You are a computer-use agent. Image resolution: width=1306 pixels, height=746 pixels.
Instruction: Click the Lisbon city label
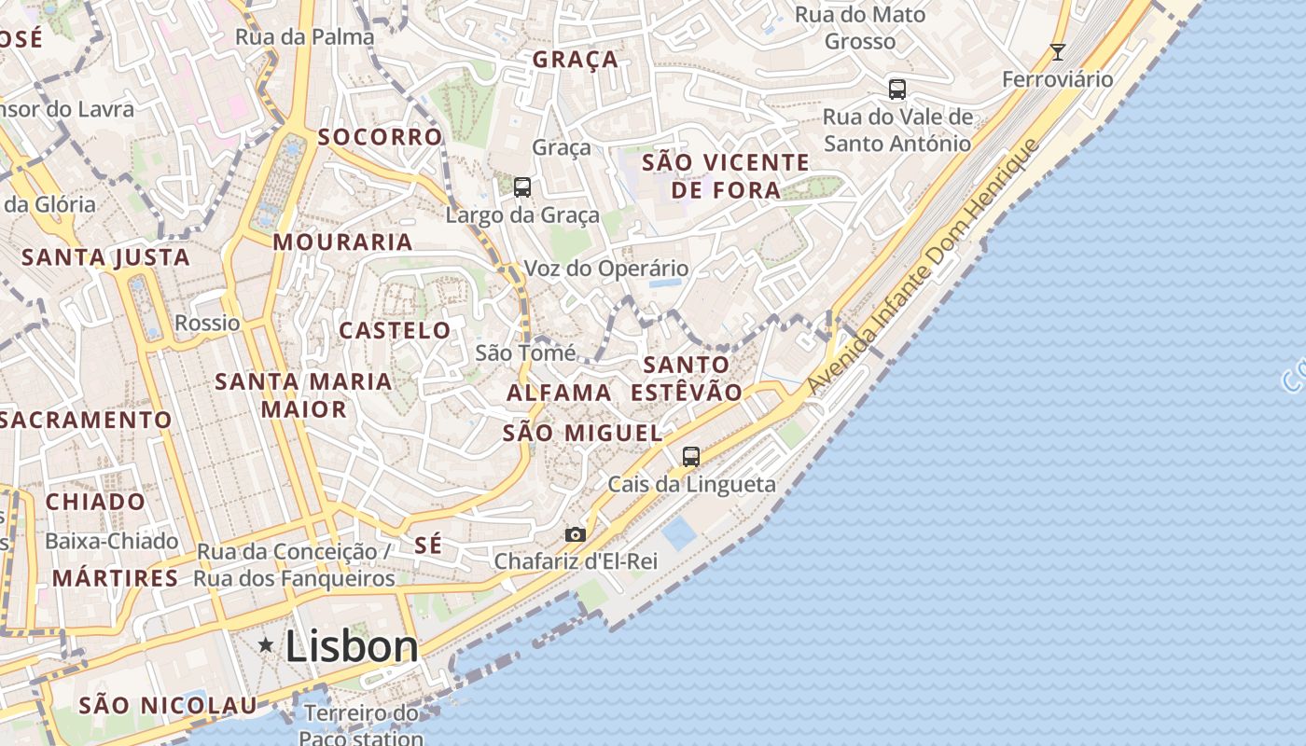352,646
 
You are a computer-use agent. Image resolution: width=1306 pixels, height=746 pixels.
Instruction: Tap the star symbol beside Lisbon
267,644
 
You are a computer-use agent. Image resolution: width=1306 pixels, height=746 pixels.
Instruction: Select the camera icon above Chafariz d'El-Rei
576,534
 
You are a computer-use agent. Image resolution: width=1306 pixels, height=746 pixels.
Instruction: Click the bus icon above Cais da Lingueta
691,457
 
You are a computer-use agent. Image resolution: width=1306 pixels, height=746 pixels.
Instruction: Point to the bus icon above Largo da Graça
522,186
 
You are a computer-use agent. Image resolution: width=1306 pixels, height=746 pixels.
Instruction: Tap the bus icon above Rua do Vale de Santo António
897,90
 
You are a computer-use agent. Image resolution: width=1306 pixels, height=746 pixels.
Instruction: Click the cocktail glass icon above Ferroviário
1058,52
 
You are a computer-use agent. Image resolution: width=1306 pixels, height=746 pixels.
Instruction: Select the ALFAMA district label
559,393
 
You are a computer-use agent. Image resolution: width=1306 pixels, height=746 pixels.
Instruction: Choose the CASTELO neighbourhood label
395,330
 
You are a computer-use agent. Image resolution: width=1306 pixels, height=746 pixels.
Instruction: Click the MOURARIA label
342,242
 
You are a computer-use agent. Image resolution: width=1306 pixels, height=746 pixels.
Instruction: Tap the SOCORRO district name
380,137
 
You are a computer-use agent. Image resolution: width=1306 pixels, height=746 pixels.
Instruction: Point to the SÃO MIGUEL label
582,433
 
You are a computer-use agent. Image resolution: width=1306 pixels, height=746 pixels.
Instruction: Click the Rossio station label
207,323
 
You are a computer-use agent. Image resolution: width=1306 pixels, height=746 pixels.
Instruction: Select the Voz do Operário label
606,269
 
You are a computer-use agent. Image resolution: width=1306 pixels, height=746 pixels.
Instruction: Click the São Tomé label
525,352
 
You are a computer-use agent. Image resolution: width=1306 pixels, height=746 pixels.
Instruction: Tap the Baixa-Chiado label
111,541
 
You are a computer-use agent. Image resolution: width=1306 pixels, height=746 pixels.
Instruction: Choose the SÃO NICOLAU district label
168,705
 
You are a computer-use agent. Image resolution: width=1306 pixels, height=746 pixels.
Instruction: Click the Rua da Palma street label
304,37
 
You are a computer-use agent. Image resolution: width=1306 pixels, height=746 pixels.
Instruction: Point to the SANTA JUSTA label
105,257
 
